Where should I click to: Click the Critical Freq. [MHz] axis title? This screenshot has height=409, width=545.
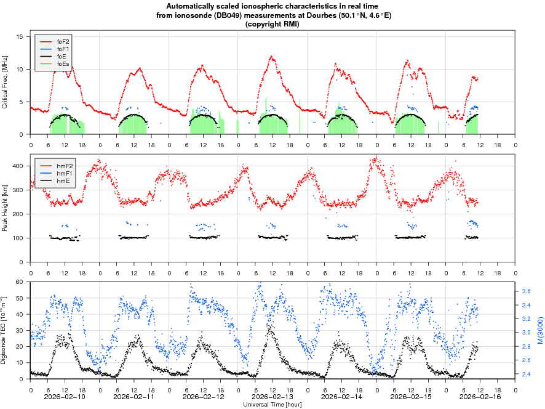(x=6, y=82)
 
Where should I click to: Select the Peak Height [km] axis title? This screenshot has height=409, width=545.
(x=6, y=208)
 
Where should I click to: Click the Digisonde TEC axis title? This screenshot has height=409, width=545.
(x=6, y=330)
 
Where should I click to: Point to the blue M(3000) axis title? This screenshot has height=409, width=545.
(x=539, y=330)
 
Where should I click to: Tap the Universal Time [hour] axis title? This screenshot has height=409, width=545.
(x=272, y=405)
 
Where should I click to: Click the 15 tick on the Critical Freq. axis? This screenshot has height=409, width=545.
(x=20, y=37)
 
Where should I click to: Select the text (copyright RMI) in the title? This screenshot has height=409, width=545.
(x=272, y=23)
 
